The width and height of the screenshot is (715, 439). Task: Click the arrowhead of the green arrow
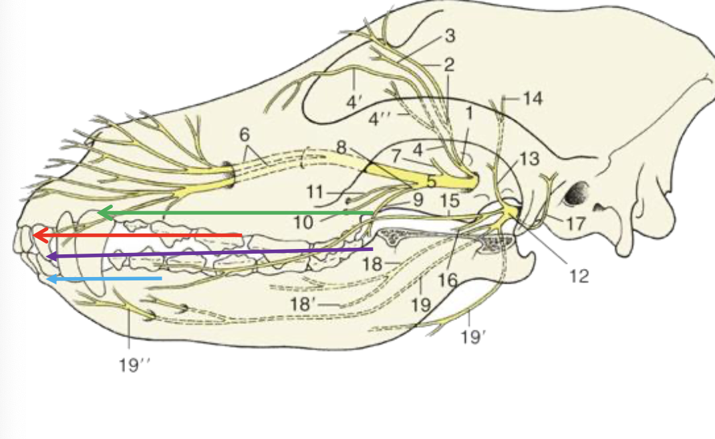105,212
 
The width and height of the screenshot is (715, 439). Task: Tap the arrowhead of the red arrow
41,236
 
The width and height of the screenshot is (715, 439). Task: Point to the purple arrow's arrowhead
52,256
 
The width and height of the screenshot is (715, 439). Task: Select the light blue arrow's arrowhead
52,278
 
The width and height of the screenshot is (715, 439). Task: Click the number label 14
532,98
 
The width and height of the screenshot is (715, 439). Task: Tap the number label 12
579,276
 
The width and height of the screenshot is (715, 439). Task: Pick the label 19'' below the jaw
134,365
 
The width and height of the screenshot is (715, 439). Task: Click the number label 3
450,35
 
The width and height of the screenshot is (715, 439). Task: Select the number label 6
245,135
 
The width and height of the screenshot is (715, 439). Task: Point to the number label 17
575,224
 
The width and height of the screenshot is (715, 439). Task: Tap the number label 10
303,222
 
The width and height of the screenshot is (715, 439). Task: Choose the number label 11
315,192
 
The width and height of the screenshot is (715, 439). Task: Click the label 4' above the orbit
353,102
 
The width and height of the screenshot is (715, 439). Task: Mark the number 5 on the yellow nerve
431,182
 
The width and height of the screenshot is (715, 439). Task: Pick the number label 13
529,159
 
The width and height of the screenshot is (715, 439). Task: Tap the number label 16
448,280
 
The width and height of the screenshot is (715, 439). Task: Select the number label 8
341,147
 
